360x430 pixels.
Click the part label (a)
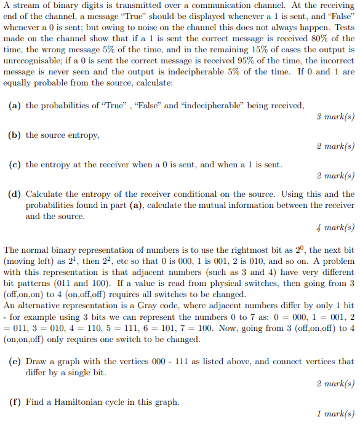(x=15, y=105)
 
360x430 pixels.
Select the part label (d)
(x=15, y=194)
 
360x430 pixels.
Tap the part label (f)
(x=15, y=402)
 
